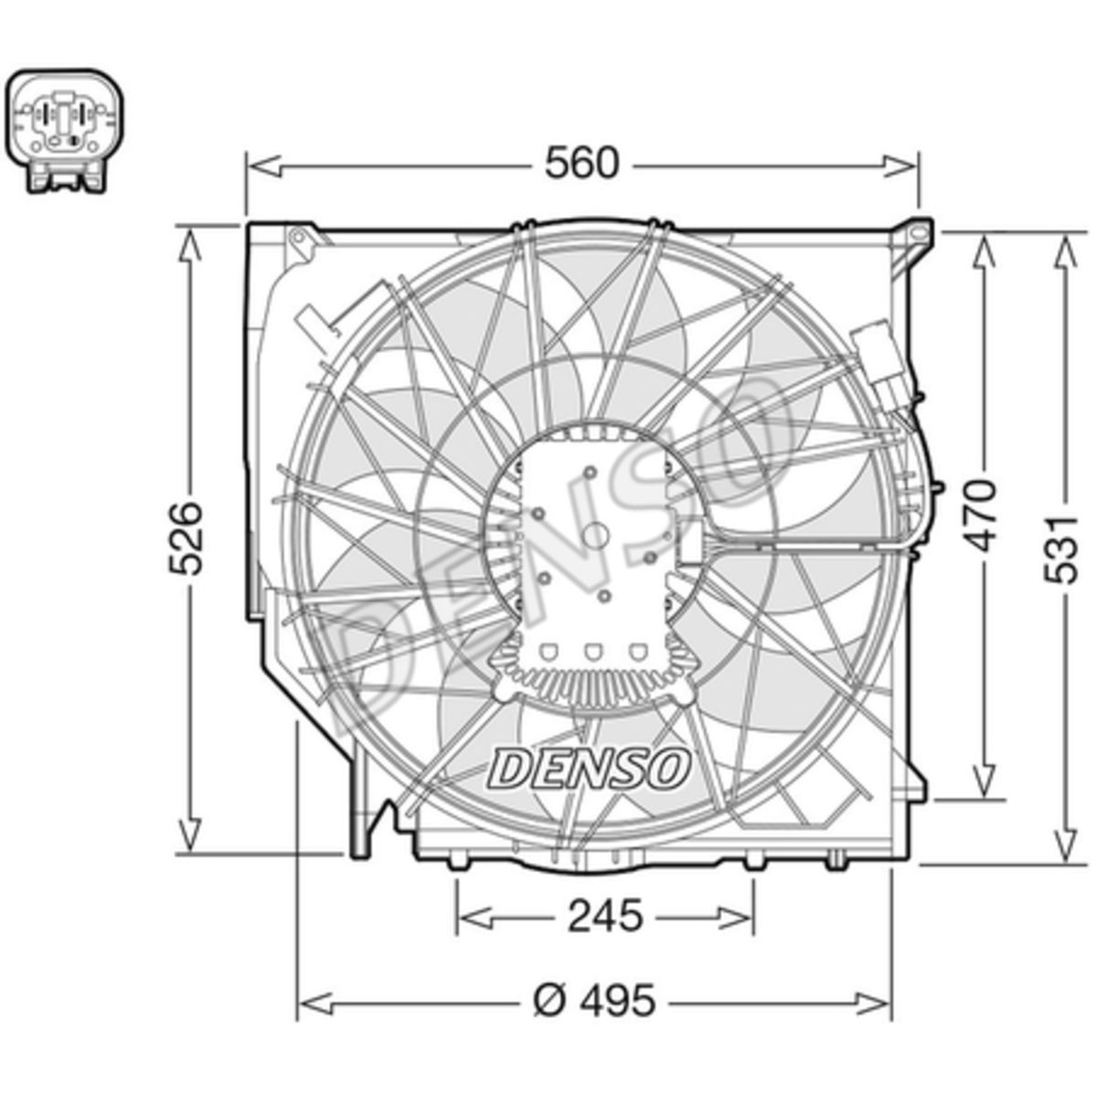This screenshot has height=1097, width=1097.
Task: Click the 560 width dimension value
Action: click(x=580, y=165)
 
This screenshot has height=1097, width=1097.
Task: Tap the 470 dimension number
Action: click(x=983, y=517)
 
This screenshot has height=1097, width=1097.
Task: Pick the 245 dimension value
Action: click(x=606, y=915)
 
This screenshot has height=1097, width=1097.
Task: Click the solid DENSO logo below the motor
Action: click(x=588, y=767)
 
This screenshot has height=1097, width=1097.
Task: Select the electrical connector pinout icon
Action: click(x=67, y=131)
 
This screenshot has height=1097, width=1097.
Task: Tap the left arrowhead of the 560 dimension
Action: click(x=266, y=166)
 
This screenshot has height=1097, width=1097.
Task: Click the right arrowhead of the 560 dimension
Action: click(x=899, y=166)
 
